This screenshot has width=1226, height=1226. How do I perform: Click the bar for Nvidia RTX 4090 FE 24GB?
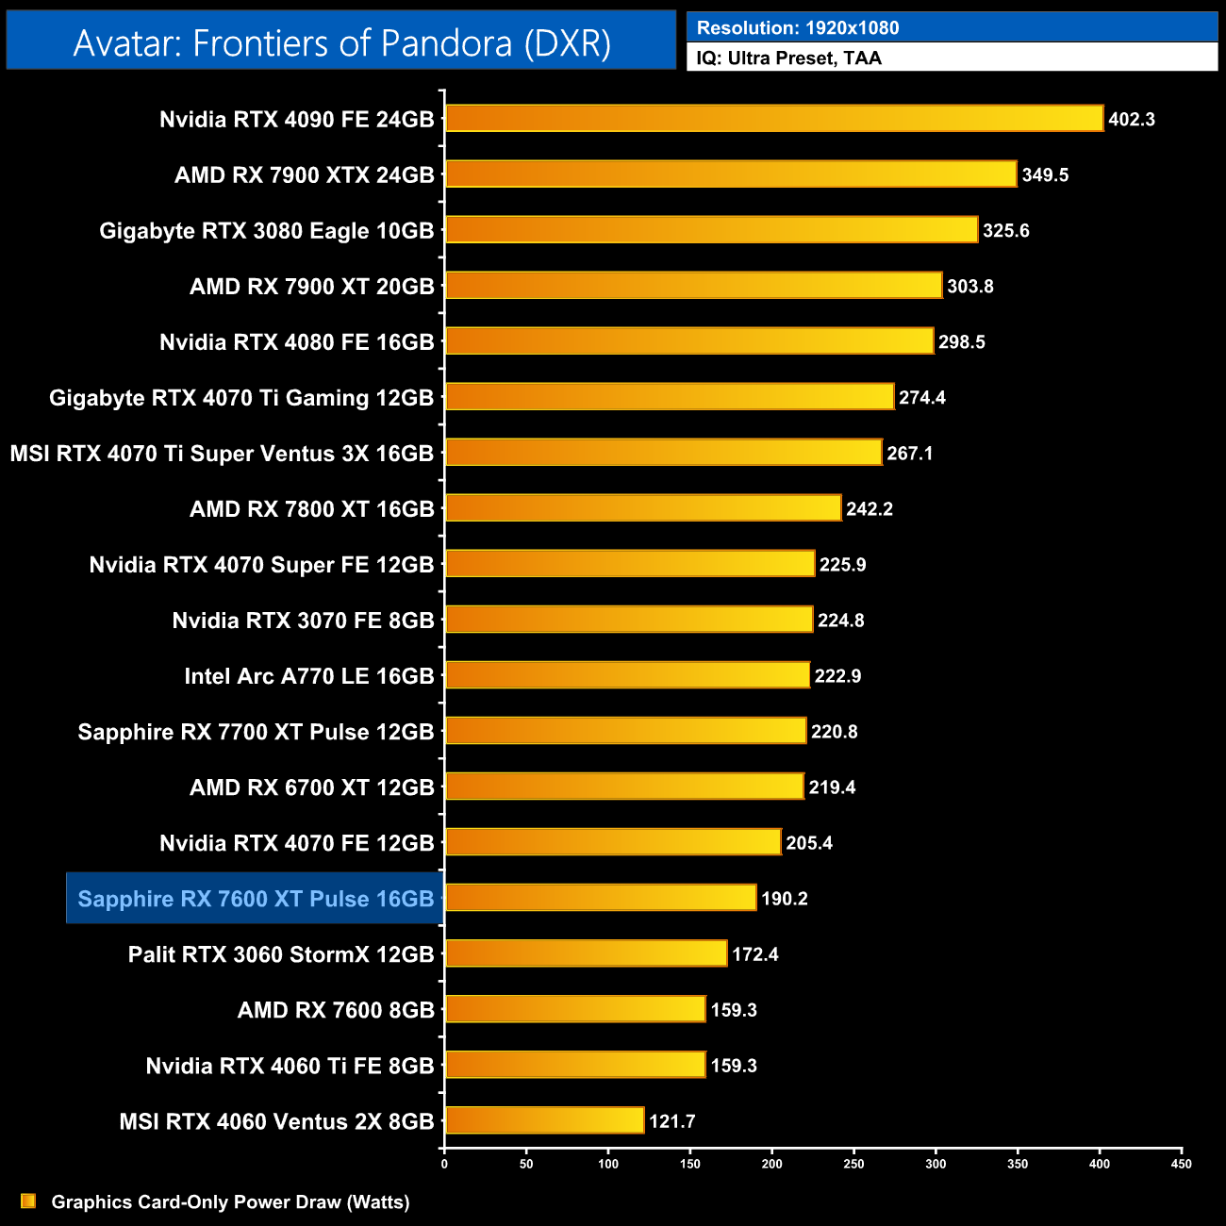(773, 119)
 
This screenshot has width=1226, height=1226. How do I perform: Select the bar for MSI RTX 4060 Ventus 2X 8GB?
(544, 1120)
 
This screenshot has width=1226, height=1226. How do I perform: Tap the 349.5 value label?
(1045, 175)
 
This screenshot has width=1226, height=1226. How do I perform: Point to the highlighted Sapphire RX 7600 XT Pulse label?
(256, 899)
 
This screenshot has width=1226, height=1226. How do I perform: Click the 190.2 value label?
(785, 899)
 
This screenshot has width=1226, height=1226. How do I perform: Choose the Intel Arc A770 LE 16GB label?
(309, 676)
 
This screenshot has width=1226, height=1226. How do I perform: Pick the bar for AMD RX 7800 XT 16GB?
(643, 508)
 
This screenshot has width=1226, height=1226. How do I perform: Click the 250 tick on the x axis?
(853, 1164)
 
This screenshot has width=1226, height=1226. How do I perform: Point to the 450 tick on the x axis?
(1182, 1164)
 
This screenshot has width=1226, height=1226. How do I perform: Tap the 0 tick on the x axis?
(444, 1164)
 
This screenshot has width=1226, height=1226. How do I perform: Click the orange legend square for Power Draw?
(28, 1201)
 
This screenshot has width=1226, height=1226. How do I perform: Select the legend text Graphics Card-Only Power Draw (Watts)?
(230, 1202)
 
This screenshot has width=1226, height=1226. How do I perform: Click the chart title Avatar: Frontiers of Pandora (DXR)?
(341, 43)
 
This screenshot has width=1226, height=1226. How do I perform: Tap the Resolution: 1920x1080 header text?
(798, 28)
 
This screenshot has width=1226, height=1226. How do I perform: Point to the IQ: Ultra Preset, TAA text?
(789, 58)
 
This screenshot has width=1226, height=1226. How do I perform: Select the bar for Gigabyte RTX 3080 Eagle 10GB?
(711, 230)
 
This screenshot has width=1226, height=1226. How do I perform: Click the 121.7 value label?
(672, 1121)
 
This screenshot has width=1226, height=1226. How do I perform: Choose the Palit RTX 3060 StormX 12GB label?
(281, 954)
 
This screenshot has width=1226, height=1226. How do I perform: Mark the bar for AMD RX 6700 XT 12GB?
(624, 787)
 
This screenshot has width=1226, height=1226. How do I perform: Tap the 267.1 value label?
(910, 454)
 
